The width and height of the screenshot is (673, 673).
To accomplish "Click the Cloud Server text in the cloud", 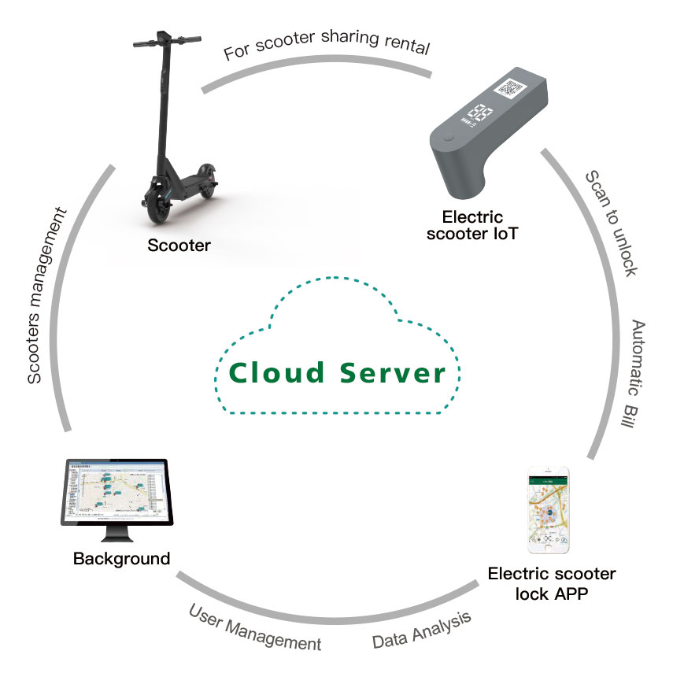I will click(x=338, y=372).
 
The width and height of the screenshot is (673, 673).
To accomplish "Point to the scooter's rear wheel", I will click(x=207, y=180).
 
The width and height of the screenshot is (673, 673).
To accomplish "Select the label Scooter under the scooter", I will click(x=179, y=246).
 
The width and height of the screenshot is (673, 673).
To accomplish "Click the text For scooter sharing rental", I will click(x=327, y=49).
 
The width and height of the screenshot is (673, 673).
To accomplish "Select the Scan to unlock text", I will click(x=612, y=222).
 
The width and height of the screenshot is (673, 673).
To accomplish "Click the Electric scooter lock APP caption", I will click(x=552, y=583).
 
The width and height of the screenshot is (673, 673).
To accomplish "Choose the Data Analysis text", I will click(x=422, y=630).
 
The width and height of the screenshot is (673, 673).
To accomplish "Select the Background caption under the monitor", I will click(x=121, y=559).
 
